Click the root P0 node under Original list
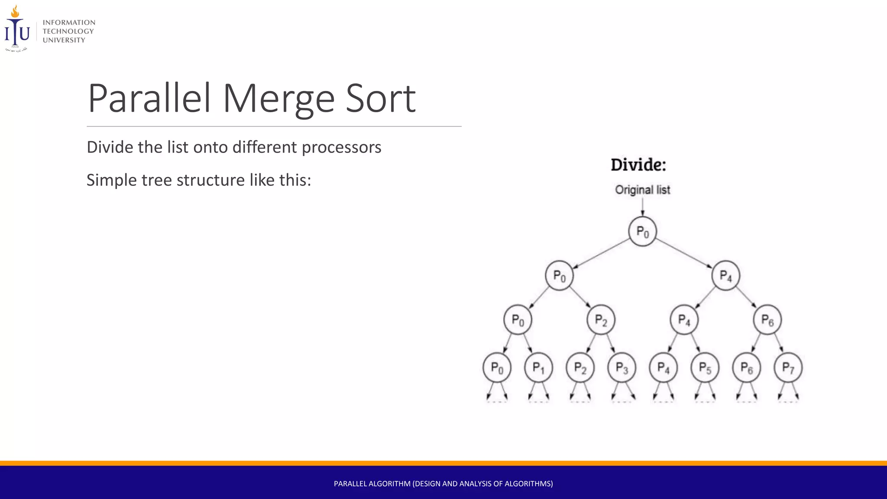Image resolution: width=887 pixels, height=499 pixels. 642,232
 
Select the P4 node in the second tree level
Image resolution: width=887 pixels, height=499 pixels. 725,275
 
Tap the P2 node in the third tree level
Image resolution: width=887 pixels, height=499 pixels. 601,320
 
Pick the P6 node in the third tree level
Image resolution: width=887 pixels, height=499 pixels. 767,320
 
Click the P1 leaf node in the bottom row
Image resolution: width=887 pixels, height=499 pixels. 538,368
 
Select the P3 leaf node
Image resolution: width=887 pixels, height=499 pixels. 622,368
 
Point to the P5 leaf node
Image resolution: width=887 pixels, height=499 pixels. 705,368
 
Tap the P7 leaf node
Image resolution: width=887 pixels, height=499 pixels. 788,368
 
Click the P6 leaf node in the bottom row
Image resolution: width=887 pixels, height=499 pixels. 746,368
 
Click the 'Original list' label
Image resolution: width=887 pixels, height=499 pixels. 642,190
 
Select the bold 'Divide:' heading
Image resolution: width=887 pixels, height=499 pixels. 638,165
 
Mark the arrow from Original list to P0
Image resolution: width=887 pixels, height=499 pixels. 642,207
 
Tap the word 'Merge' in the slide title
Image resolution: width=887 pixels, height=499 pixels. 278,99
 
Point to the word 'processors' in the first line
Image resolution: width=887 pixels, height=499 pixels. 341,147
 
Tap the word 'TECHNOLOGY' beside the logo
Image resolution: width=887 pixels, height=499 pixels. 68,31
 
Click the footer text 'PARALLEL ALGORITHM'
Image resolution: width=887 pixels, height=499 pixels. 372,483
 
